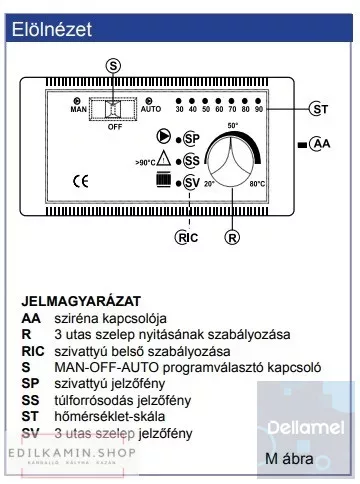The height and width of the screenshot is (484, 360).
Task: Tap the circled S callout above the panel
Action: tap(112, 63)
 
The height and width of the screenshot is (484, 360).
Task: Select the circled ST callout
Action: tap(319, 109)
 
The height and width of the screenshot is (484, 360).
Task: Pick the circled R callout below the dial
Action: tap(232, 238)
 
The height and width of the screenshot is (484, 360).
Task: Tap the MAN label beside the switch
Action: tap(81, 110)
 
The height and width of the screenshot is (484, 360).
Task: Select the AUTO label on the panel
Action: tap(152, 110)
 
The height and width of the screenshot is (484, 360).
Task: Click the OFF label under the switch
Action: tap(114, 127)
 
